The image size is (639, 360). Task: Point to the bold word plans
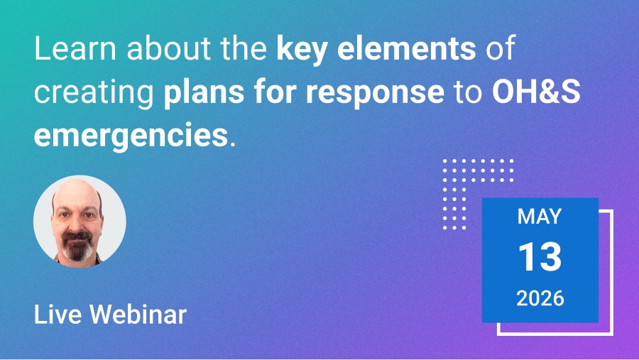[x=199, y=94]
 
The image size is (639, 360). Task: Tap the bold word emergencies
[x=130, y=135]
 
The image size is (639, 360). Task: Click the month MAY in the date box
[x=540, y=217]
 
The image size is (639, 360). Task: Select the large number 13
[x=540, y=257]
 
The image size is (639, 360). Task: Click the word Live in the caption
[x=54, y=314]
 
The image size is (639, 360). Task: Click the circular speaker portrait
[x=80, y=222]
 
